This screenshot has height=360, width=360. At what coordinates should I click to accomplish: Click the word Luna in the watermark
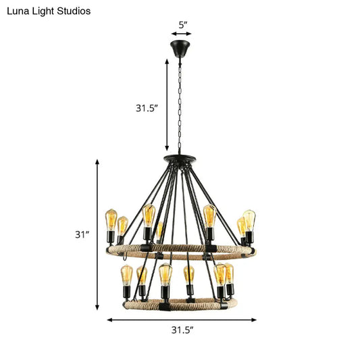pos(17,11)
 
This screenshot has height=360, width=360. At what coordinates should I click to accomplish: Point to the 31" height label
pos(82,235)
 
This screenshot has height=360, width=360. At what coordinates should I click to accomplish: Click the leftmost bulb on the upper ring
pos(111,220)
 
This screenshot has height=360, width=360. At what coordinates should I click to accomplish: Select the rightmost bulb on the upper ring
pos(250,220)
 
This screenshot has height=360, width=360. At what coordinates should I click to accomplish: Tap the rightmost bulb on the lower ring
pos(228,274)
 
